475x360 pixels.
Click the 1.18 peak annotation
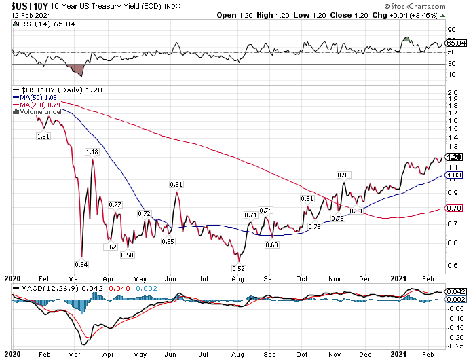click(92, 152)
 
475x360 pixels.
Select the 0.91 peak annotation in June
click(176, 185)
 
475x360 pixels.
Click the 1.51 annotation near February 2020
click(43, 136)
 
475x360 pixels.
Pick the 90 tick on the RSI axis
click(451, 30)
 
